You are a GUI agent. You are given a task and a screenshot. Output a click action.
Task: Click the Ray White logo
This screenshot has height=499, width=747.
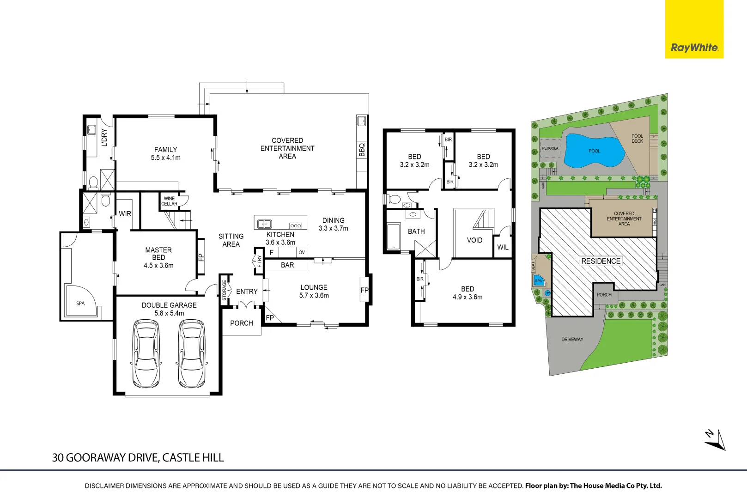click(x=694, y=47)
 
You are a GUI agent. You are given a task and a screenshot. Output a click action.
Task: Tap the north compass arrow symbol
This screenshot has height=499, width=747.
click(x=715, y=440)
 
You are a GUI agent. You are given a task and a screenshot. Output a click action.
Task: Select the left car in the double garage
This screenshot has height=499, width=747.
click(x=146, y=353)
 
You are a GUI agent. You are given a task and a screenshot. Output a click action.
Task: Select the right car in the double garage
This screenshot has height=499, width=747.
click(x=192, y=353)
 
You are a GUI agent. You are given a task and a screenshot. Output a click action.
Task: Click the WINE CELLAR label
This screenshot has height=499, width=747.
click(x=169, y=201)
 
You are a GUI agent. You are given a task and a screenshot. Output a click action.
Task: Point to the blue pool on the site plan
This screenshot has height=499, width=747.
click(x=593, y=151)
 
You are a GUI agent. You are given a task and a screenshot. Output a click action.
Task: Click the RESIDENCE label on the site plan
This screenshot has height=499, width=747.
click(x=601, y=262)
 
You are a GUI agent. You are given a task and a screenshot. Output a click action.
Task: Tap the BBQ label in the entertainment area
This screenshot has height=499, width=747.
click(x=362, y=150)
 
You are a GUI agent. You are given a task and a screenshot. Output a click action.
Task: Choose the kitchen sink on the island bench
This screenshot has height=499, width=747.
click(x=264, y=224)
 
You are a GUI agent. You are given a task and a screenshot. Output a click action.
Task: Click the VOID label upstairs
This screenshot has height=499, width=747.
click(x=474, y=240)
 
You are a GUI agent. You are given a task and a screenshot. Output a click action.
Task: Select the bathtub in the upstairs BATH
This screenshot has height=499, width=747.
click(x=394, y=236)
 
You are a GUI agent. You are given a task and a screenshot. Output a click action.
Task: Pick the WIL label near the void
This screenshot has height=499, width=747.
click(x=503, y=248)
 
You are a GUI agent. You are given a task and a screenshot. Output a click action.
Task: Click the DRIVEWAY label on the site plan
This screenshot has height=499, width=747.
click(x=572, y=340)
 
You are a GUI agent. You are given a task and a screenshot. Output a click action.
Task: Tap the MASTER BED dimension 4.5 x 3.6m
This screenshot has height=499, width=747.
click(x=158, y=266)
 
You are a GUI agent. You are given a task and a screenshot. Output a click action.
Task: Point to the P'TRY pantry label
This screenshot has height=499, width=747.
click(x=259, y=262)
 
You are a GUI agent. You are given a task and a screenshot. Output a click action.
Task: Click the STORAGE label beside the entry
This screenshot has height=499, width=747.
click(x=225, y=290)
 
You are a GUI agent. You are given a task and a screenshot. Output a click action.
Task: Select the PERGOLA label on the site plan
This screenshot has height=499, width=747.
click(x=550, y=149)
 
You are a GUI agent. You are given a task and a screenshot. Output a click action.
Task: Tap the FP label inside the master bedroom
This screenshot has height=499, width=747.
click(x=201, y=257)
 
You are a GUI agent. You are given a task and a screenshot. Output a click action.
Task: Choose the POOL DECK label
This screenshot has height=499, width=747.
click(x=637, y=139)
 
